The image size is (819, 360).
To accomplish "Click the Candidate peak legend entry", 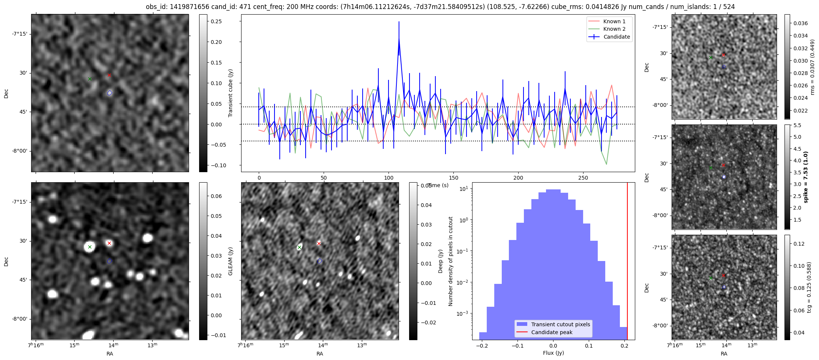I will pyautogui.click(x=552, y=332).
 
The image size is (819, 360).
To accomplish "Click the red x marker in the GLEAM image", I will pyautogui.click(x=109, y=243).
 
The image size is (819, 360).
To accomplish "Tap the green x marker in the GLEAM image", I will pyautogui.click(x=90, y=247).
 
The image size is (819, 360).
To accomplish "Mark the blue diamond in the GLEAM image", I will pyautogui.click(x=109, y=261).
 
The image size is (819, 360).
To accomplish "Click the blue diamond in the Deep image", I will pyautogui.click(x=319, y=261).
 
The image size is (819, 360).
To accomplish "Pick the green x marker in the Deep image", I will pyautogui.click(x=299, y=247).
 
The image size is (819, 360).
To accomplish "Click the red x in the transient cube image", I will pyautogui.click(x=109, y=75).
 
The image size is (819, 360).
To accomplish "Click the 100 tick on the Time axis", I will pyautogui.click(x=389, y=178).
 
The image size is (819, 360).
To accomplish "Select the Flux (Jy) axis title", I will pyautogui.click(x=553, y=353).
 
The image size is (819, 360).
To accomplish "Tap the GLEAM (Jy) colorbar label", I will pyautogui.click(x=230, y=261).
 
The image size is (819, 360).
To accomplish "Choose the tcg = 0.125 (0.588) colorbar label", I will pyautogui.click(x=809, y=287).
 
